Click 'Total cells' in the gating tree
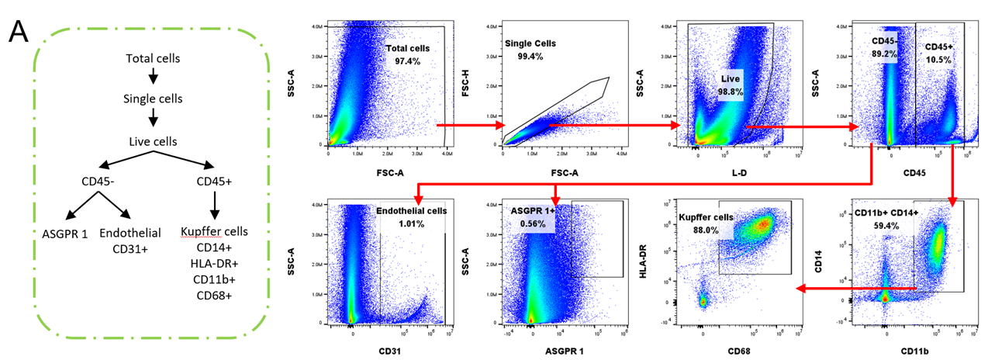point(152,59)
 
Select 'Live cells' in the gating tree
point(153,141)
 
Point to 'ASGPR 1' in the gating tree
point(65,233)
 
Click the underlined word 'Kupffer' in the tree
point(198,233)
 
